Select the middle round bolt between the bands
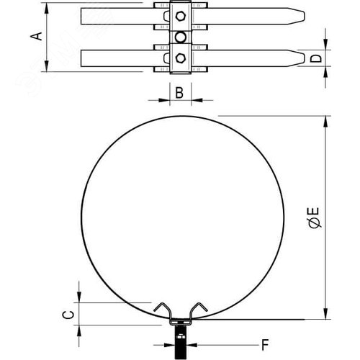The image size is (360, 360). pos(180,36)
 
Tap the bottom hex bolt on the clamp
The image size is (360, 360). pos(180,58)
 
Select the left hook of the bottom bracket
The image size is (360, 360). pos(161,306)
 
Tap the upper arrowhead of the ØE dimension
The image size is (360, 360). pos(325,118)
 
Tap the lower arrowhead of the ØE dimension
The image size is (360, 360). pos(325,317)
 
